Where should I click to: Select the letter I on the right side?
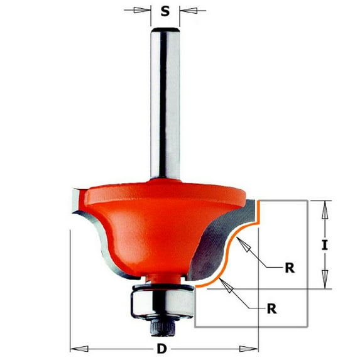click(x=324, y=246)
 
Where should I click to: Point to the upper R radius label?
click(x=289, y=268)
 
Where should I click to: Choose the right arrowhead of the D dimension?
click(x=251, y=347)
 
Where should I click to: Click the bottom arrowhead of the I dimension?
click(x=324, y=283)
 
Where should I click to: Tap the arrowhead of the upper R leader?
click(x=248, y=248)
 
